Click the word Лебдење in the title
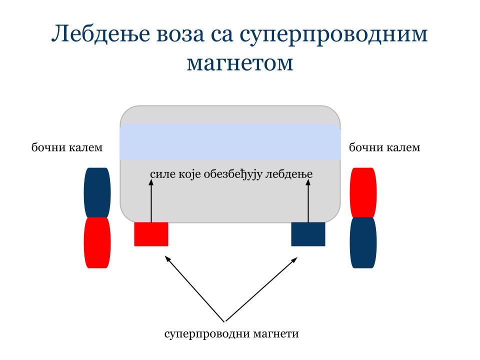click(100, 34)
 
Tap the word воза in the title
click(180, 35)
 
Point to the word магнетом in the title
click(240, 63)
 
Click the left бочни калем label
click(67, 147)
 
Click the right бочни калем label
click(384, 147)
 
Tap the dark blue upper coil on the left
click(97, 192)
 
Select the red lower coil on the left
click(97, 243)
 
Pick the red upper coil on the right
click(363, 192)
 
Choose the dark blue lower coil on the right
click(363, 243)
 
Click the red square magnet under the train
click(151, 234)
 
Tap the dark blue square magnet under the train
click(308, 234)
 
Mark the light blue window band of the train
click(230, 142)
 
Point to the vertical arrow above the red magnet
click(151, 201)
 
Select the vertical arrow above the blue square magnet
click(308, 201)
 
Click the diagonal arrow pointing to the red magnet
click(195, 288)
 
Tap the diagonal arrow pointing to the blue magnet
click(261, 289)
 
